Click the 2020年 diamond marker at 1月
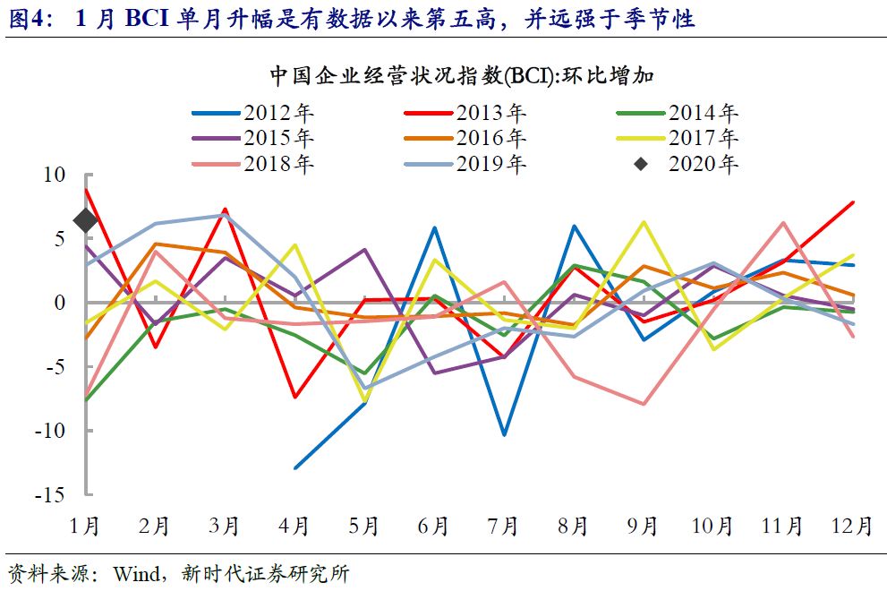(86, 220)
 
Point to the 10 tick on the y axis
(55, 175)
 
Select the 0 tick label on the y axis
(61, 303)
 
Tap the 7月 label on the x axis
(504, 527)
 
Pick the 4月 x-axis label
(294, 527)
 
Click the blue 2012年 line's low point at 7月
(505, 434)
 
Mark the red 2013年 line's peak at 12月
(853, 202)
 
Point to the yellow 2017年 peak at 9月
(644, 221)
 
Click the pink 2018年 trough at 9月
(644, 404)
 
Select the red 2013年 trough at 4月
(295, 397)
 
